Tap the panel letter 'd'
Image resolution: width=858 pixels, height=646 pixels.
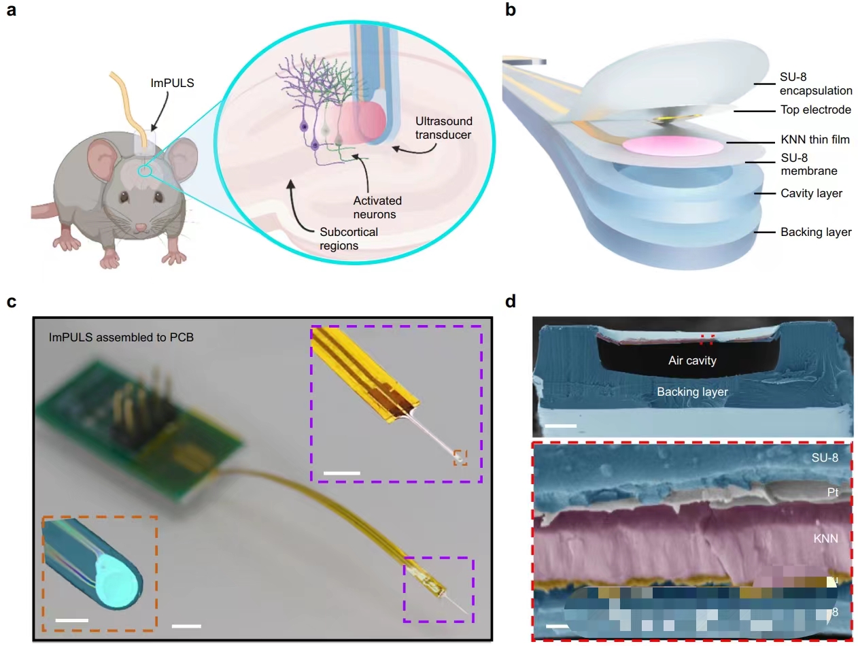pos(512,300)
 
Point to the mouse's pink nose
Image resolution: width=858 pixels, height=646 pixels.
pos(139,227)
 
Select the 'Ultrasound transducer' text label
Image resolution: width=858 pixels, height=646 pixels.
pos(445,128)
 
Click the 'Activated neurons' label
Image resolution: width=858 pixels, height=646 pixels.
pos(377,207)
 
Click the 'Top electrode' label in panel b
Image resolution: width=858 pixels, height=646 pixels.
pos(814,109)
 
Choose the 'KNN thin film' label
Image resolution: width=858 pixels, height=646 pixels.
pos(816,140)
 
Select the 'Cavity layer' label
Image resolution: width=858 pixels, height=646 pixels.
pos(811,193)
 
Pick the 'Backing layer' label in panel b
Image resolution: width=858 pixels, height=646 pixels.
pos(815,232)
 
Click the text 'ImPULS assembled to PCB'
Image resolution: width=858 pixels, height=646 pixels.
pos(121,337)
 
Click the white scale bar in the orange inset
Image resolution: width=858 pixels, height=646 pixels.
pos(71,620)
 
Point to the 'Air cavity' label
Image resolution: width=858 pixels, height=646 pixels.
pos(691,360)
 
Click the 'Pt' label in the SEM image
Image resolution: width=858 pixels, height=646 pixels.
pos(832,492)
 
